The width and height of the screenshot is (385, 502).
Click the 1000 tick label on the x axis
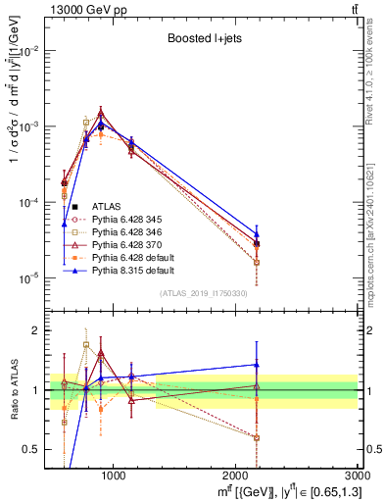(113, 476)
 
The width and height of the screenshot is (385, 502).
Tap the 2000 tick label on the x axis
(235, 476)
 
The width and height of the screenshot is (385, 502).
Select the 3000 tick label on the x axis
(358, 476)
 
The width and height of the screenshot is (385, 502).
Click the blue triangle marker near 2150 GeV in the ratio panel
(257, 365)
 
